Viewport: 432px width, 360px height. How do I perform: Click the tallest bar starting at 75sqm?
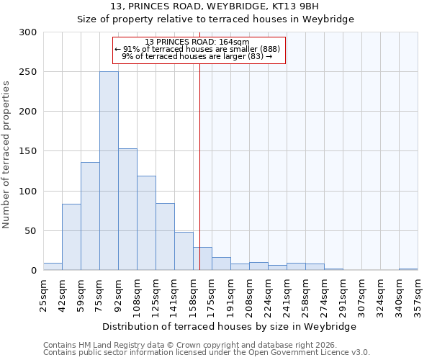[x=109, y=171]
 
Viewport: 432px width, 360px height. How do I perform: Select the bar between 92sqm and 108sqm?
[x=127, y=210]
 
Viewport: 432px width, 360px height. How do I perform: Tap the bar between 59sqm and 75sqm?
[x=90, y=216]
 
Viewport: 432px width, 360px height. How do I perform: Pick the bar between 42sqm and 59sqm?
[x=71, y=237]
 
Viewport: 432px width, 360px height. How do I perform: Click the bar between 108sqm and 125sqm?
[x=146, y=223]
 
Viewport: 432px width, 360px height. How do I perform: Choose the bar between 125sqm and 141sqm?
[x=165, y=237]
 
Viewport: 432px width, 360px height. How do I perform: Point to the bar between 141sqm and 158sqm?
[x=184, y=251]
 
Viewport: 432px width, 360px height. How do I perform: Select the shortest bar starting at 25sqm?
[x=53, y=266]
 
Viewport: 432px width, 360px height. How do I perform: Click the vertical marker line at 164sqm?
[x=199, y=166]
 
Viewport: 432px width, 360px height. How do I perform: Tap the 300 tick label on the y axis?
[x=28, y=32]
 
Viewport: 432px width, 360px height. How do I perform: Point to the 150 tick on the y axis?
[x=28, y=151]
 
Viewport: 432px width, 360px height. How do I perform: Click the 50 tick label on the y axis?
[x=31, y=231]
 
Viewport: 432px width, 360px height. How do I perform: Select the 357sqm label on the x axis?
[x=418, y=293]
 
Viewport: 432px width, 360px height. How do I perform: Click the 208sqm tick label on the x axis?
[x=249, y=293]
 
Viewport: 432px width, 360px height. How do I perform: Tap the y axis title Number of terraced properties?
[x=6, y=154]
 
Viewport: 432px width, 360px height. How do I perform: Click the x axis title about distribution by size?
[x=229, y=326]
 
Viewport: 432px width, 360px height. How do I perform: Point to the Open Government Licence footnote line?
[x=207, y=352]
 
